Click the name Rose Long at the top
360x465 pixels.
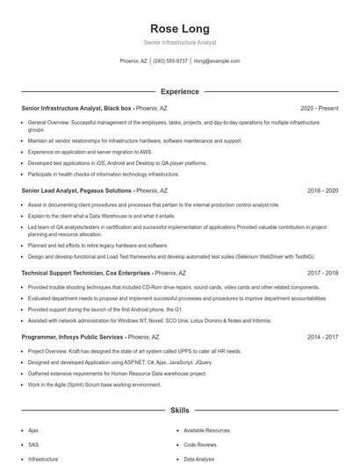point(179,28)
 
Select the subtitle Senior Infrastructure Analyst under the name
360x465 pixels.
point(179,42)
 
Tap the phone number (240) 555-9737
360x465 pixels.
point(170,61)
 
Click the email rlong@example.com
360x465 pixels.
point(217,61)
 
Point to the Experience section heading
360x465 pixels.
point(179,91)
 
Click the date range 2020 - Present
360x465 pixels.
point(319,108)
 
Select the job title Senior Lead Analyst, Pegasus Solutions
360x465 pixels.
point(77,190)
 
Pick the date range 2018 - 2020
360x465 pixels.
point(322,190)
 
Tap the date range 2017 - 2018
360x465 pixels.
point(322,273)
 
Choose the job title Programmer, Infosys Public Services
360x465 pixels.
point(73,336)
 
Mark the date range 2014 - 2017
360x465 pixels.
point(322,336)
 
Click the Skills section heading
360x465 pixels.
point(179,410)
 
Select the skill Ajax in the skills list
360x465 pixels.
point(33,431)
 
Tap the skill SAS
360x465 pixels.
point(33,445)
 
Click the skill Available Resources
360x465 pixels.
point(206,431)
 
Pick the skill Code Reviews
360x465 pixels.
point(200,445)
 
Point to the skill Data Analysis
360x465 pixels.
point(200,459)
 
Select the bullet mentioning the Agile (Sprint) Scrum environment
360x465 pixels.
point(94,384)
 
